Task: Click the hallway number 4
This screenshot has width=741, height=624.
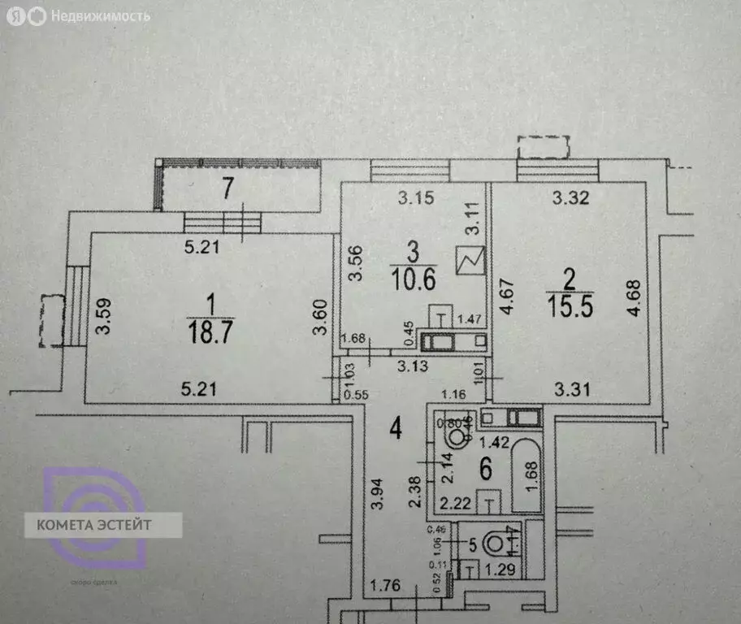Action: [395, 425]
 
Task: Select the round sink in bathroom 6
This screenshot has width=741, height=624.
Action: [458, 439]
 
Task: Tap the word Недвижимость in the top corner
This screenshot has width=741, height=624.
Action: [100, 15]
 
